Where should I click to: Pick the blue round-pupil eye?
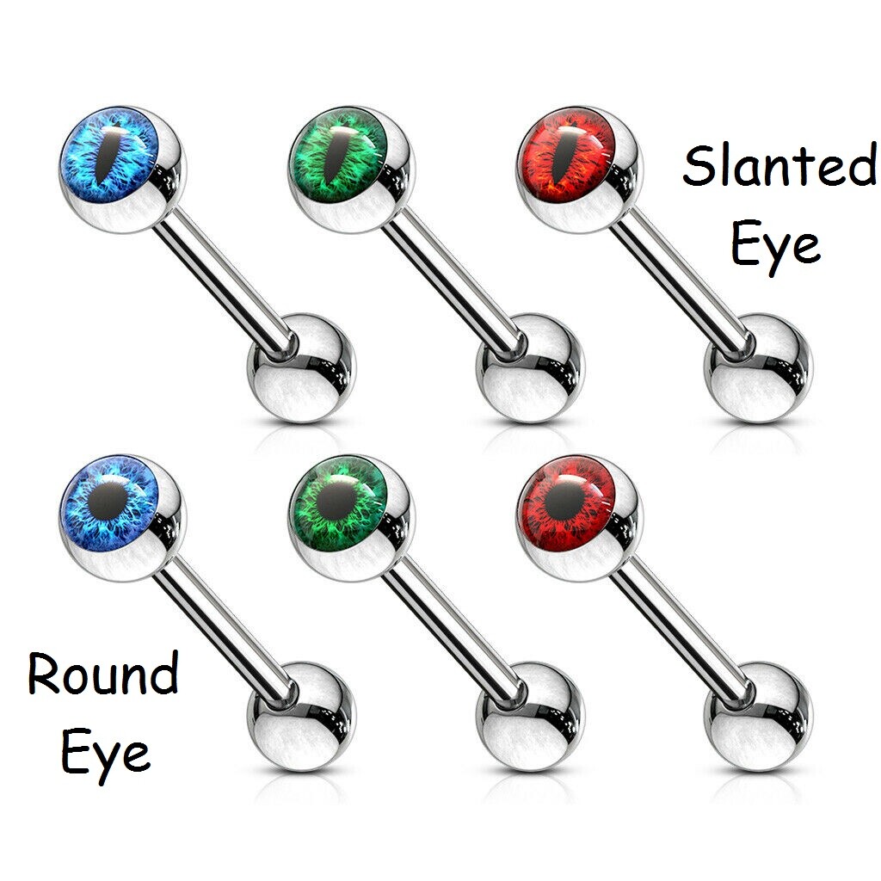109,502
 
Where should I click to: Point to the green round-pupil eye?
337,502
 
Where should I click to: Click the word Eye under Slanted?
775,247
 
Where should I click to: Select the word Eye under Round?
106,754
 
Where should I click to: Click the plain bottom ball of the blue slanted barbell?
302,368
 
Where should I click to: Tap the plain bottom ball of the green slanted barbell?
530,368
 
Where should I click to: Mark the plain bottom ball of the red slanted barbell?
759,368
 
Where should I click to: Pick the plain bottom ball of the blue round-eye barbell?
302,717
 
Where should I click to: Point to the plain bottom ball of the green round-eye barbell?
530,717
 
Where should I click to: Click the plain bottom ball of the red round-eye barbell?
759,717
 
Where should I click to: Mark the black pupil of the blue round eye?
108,498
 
